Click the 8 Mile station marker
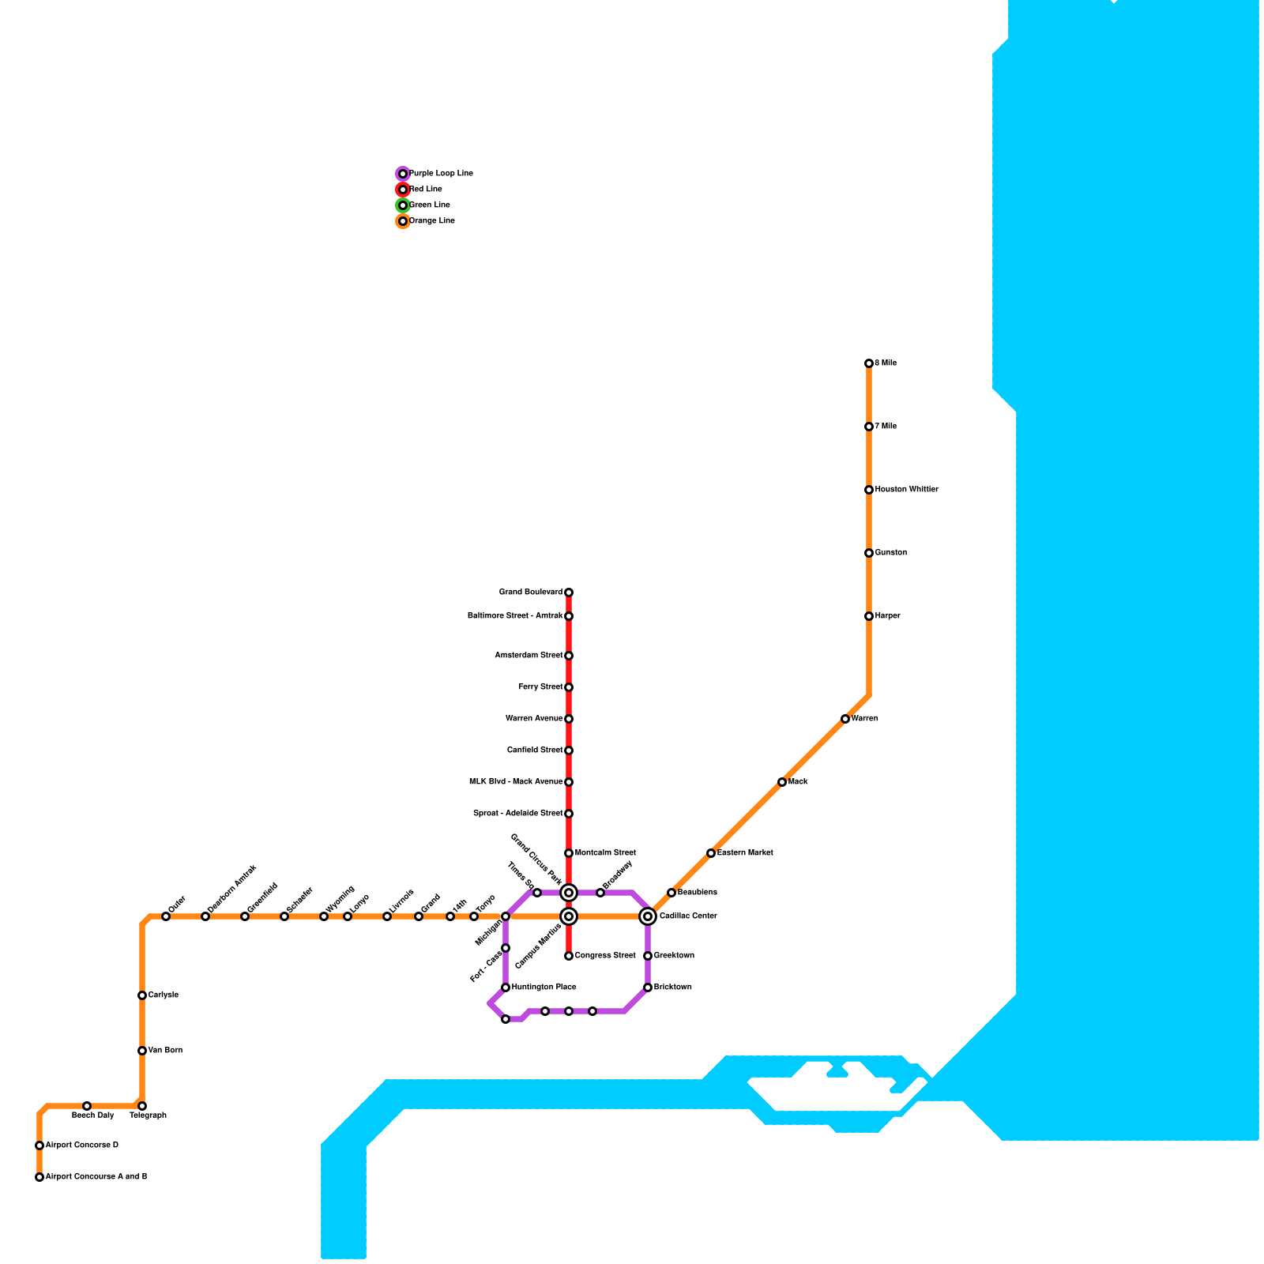click(x=869, y=363)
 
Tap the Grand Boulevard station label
click(x=530, y=592)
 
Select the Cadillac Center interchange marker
click(x=648, y=916)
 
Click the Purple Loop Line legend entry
click(x=441, y=174)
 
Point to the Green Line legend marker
click(x=403, y=205)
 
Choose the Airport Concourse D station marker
click(x=39, y=1145)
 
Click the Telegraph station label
click(x=148, y=1115)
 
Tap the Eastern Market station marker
click(x=711, y=853)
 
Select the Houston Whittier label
click(x=906, y=490)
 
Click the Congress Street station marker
click(x=569, y=956)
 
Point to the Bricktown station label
click(x=672, y=987)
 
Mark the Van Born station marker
click(x=142, y=1051)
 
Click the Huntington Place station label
click(x=544, y=987)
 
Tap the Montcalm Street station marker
click(x=569, y=853)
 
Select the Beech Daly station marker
click(x=87, y=1106)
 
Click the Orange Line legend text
click(x=431, y=221)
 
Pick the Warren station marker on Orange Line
click(x=845, y=719)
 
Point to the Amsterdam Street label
click(x=529, y=656)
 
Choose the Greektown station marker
click(x=648, y=956)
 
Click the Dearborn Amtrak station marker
click(x=205, y=916)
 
